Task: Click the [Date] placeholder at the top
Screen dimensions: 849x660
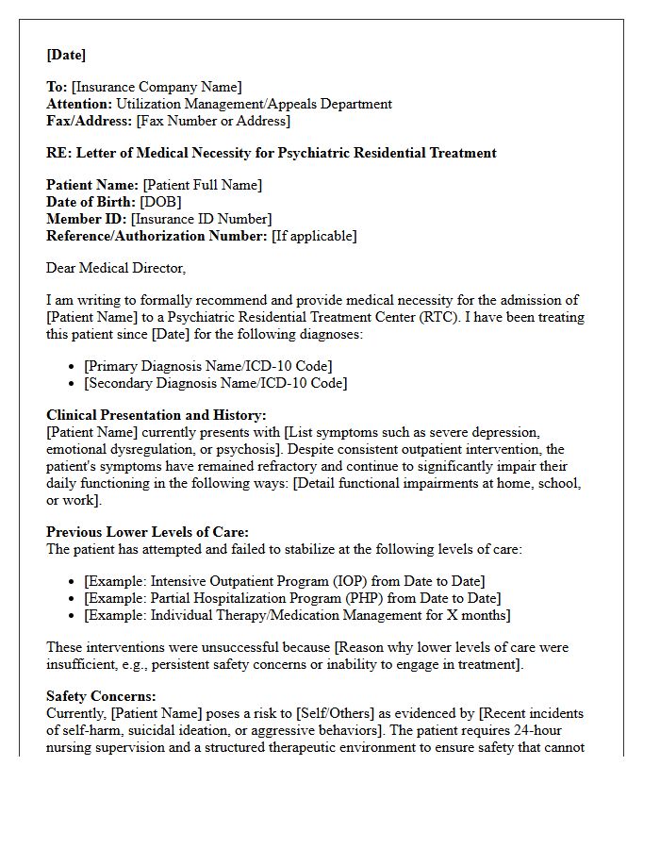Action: (x=66, y=55)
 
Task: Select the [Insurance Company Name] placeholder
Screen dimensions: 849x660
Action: (x=156, y=88)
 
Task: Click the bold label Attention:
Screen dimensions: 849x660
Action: (x=79, y=105)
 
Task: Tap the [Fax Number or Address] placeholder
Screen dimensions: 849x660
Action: (x=213, y=121)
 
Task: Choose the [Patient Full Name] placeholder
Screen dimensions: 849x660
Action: (x=203, y=186)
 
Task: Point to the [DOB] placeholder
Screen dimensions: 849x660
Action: (x=160, y=202)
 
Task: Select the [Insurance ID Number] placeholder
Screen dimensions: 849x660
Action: (x=201, y=219)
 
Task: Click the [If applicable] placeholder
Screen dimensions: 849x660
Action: (x=314, y=236)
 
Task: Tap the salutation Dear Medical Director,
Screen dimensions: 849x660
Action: (x=116, y=268)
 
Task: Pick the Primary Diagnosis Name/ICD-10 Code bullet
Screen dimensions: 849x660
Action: (x=207, y=366)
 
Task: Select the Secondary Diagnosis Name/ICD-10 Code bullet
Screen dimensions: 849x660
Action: (x=215, y=383)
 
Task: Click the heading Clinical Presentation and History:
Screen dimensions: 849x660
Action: (x=157, y=415)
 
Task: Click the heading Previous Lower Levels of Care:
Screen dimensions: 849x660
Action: (x=147, y=532)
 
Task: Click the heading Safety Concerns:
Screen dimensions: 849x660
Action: (x=102, y=696)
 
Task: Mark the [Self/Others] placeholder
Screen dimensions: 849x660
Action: (x=279, y=713)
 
